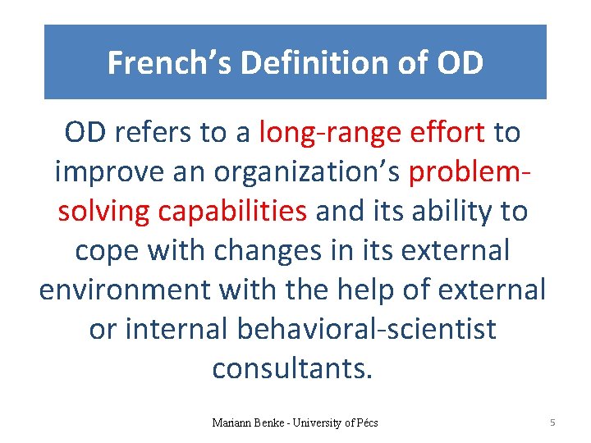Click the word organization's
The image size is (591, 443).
[307, 172]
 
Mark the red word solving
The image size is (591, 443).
[104, 212]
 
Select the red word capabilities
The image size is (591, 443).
[232, 212]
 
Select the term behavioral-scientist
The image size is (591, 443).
[366, 330]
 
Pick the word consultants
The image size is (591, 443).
[292, 369]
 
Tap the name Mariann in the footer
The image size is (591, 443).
[231, 423]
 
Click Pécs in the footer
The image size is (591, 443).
[364, 423]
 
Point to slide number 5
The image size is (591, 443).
[552, 422]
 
